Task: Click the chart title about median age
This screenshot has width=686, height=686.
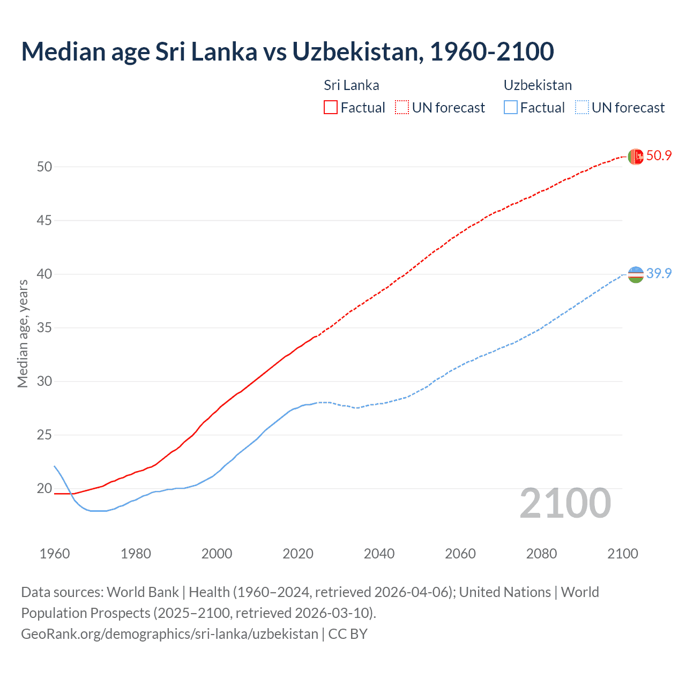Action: tap(287, 52)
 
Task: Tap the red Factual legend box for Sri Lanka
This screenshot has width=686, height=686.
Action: tap(331, 108)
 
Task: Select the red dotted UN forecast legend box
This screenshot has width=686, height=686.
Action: tap(402, 108)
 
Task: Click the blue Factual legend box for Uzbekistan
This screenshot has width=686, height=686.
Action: tap(511, 108)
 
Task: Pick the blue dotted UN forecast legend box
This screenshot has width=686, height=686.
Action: tap(581, 108)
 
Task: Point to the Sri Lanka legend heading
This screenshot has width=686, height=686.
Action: tap(351, 85)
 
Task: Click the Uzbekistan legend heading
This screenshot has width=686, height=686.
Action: tap(538, 85)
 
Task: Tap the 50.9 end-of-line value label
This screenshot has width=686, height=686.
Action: tap(659, 156)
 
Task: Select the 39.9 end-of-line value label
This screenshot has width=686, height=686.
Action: tap(659, 273)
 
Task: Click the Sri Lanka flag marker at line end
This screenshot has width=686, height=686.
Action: tap(636, 156)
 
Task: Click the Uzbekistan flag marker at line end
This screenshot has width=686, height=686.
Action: tap(636, 274)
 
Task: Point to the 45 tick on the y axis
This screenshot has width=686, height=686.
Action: tap(44, 220)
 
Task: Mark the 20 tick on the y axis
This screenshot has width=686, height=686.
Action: tap(44, 488)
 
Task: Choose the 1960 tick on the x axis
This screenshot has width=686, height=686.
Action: tap(55, 554)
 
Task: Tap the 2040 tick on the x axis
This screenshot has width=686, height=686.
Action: tap(379, 554)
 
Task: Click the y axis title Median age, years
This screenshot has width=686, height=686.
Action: tap(23, 333)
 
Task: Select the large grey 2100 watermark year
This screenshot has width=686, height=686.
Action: tap(565, 503)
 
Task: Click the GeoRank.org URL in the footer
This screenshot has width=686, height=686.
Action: tap(169, 634)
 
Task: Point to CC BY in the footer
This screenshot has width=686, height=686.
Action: tap(348, 634)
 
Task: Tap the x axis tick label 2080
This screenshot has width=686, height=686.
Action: tap(541, 554)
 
